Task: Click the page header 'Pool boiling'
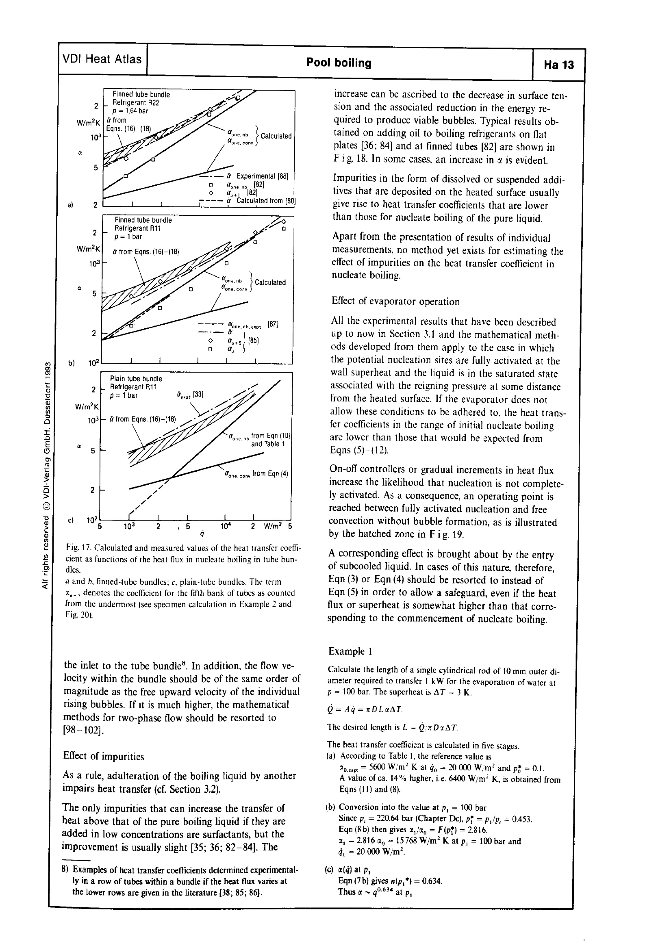point(339,63)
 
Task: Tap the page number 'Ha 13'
point(558,65)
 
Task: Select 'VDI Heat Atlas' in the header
point(102,59)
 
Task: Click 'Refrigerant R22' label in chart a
point(135,103)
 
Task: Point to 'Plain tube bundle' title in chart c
point(136,379)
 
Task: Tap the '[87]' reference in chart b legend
point(273,325)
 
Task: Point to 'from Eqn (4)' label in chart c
point(270,474)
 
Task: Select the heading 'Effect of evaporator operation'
point(395,301)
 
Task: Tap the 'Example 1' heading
point(350,651)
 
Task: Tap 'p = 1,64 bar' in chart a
point(130,111)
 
